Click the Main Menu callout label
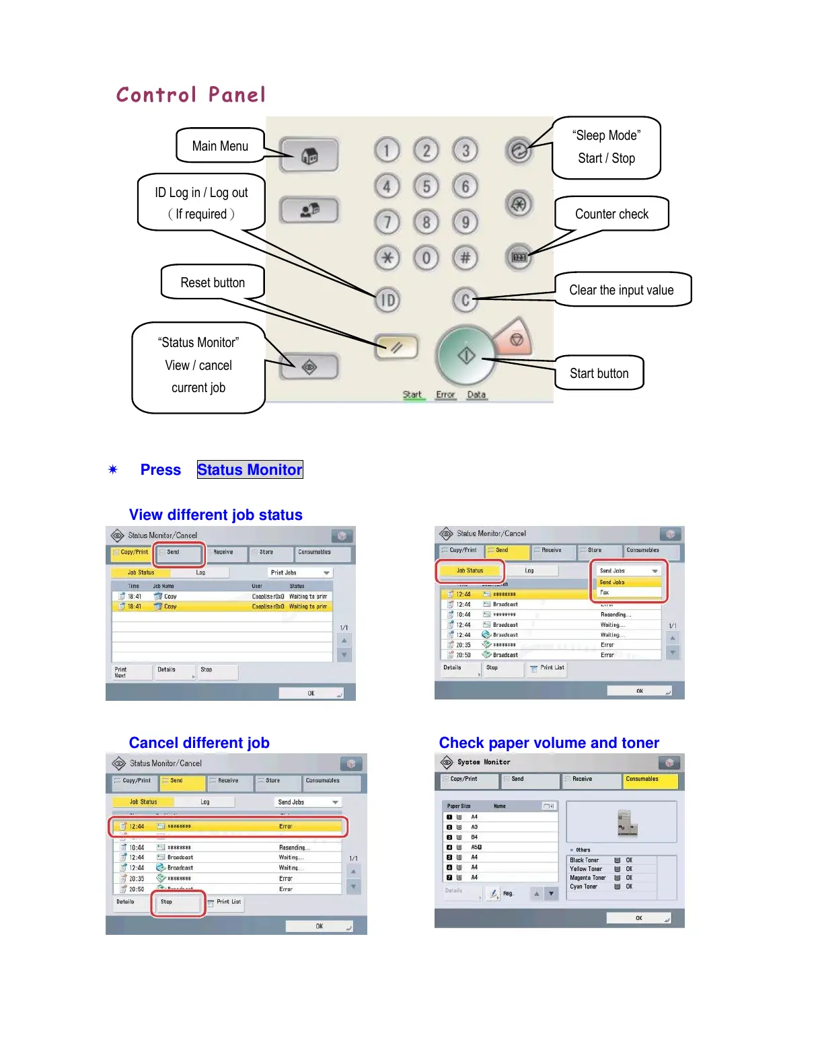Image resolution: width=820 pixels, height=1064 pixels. point(220,146)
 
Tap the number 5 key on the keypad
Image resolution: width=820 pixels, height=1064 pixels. point(426,186)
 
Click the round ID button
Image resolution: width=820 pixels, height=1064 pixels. point(387,300)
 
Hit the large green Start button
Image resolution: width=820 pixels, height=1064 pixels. point(466,355)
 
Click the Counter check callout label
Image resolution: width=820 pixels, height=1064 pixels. point(611,214)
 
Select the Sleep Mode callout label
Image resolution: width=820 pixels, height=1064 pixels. point(606,147)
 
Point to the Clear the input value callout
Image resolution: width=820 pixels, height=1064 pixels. point(622,290)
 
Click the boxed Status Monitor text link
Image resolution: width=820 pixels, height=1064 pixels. point(250,469)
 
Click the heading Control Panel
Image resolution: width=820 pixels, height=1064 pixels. point(191,95)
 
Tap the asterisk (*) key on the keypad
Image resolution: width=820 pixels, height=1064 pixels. point(387,258)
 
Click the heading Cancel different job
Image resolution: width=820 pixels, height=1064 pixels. point(199,743)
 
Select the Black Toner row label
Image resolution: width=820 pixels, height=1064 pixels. point(585,860)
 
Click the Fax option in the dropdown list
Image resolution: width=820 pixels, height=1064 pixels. point(605,593)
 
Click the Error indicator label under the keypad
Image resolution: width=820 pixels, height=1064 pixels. point(445,395)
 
